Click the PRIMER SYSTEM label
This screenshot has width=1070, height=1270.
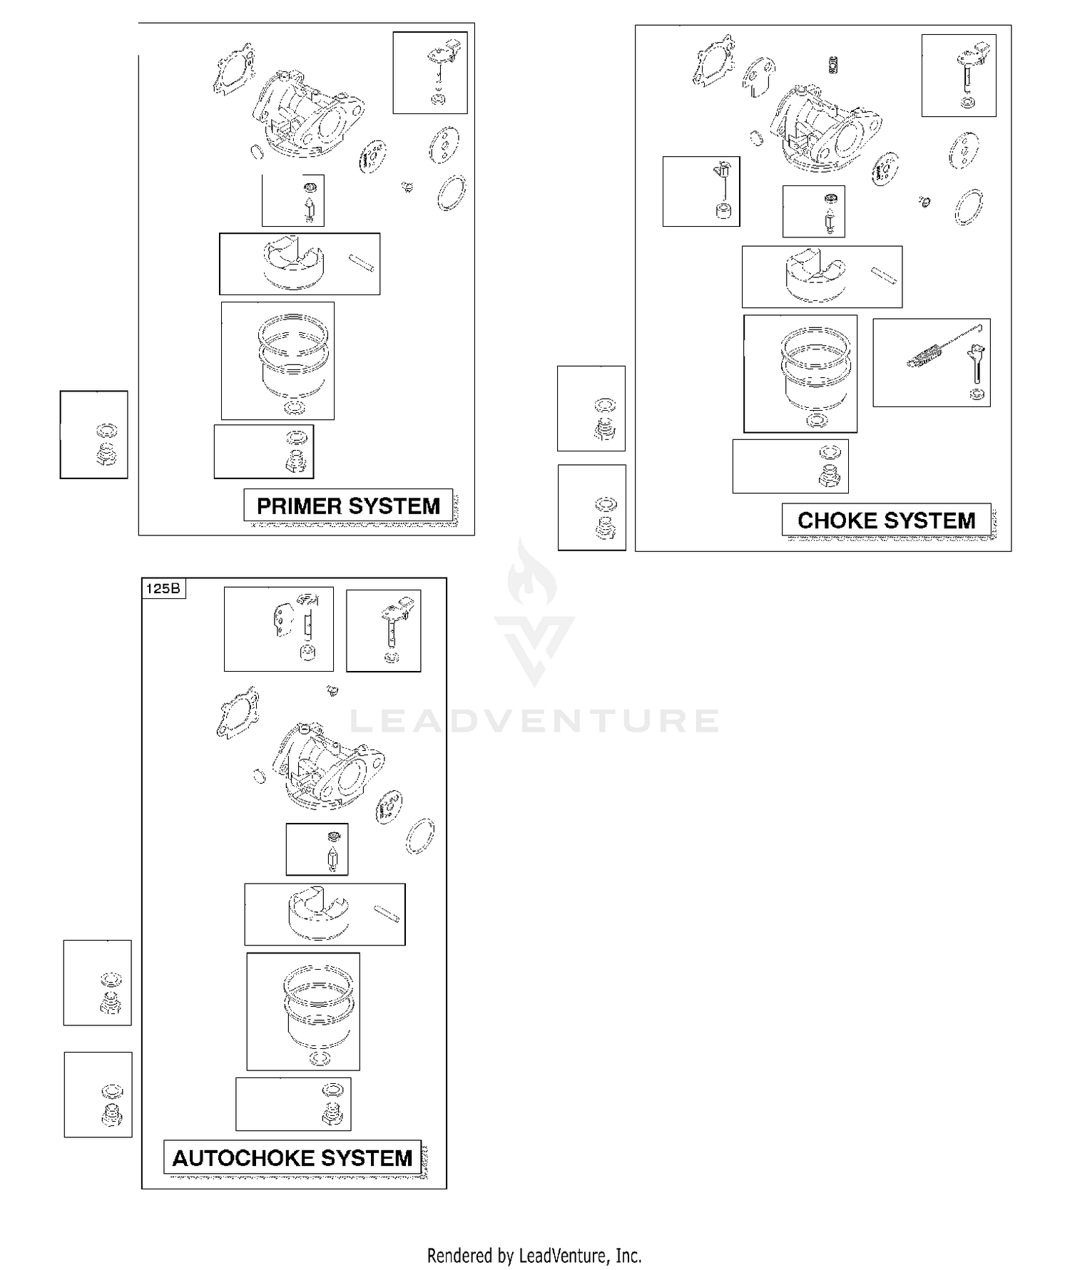(348, 506)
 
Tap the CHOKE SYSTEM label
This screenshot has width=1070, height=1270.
(886, 521)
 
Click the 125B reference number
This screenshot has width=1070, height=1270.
(163, 588)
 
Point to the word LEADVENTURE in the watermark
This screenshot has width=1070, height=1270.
(534, 721)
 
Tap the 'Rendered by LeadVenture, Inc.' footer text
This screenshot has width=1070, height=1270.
(534, 1255)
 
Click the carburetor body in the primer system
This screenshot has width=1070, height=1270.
(307, 118)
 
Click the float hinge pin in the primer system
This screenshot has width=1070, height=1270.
(362, 263)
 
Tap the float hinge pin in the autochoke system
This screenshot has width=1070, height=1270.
(386, 913)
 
